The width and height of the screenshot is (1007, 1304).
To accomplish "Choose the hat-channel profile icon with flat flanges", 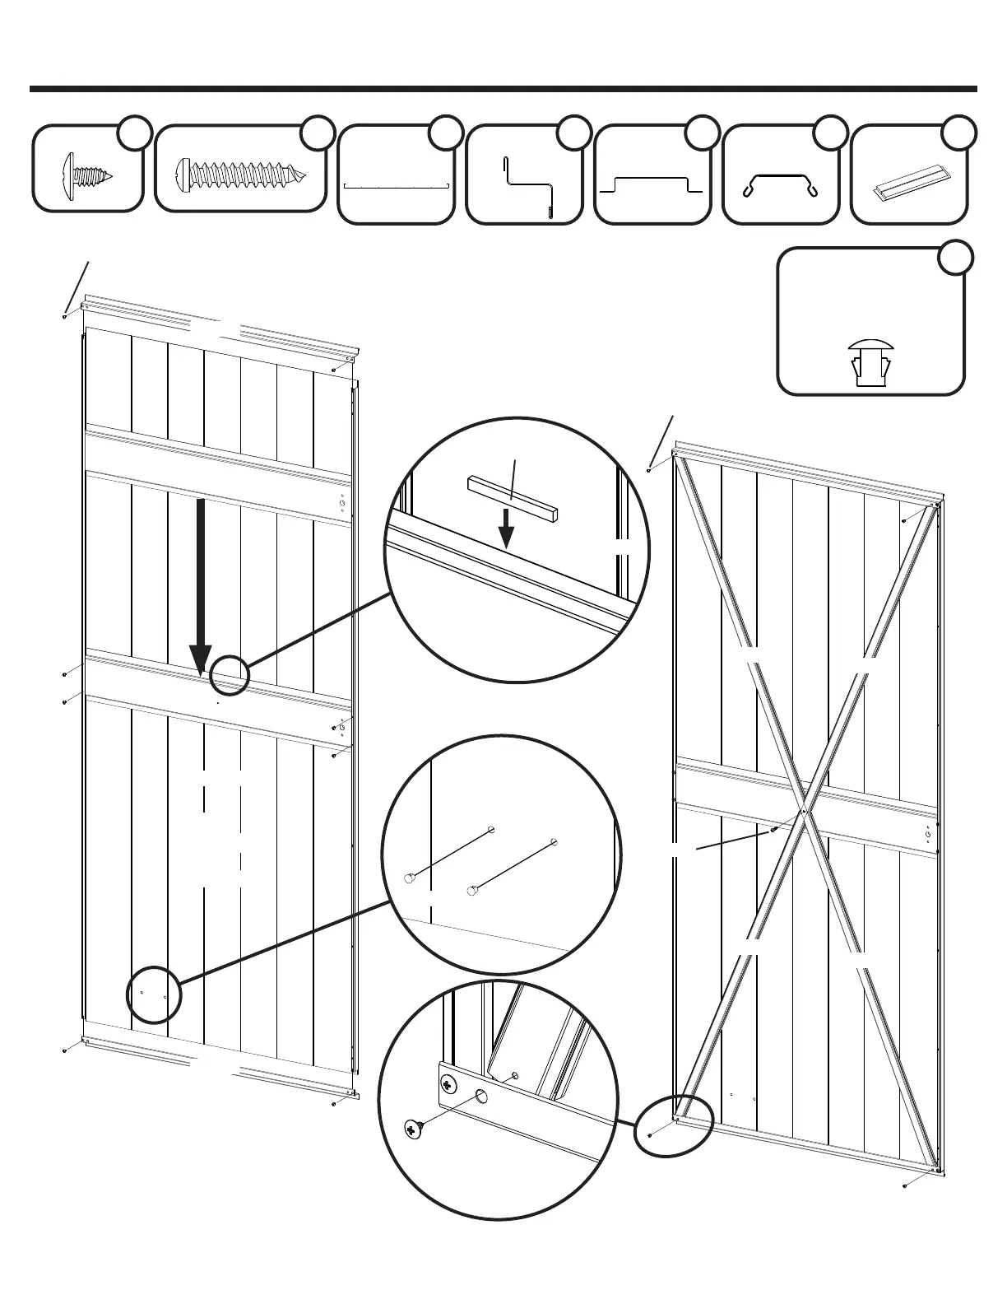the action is [652, 184].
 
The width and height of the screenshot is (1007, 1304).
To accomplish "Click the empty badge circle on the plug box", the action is [958, 256].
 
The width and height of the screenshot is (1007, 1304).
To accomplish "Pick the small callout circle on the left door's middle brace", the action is [229, 676].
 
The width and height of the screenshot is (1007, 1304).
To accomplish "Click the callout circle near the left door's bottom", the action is [153, 994].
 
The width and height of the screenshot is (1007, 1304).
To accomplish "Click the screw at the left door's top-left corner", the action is [65, 315].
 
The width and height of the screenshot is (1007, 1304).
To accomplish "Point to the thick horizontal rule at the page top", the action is [503, 88].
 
